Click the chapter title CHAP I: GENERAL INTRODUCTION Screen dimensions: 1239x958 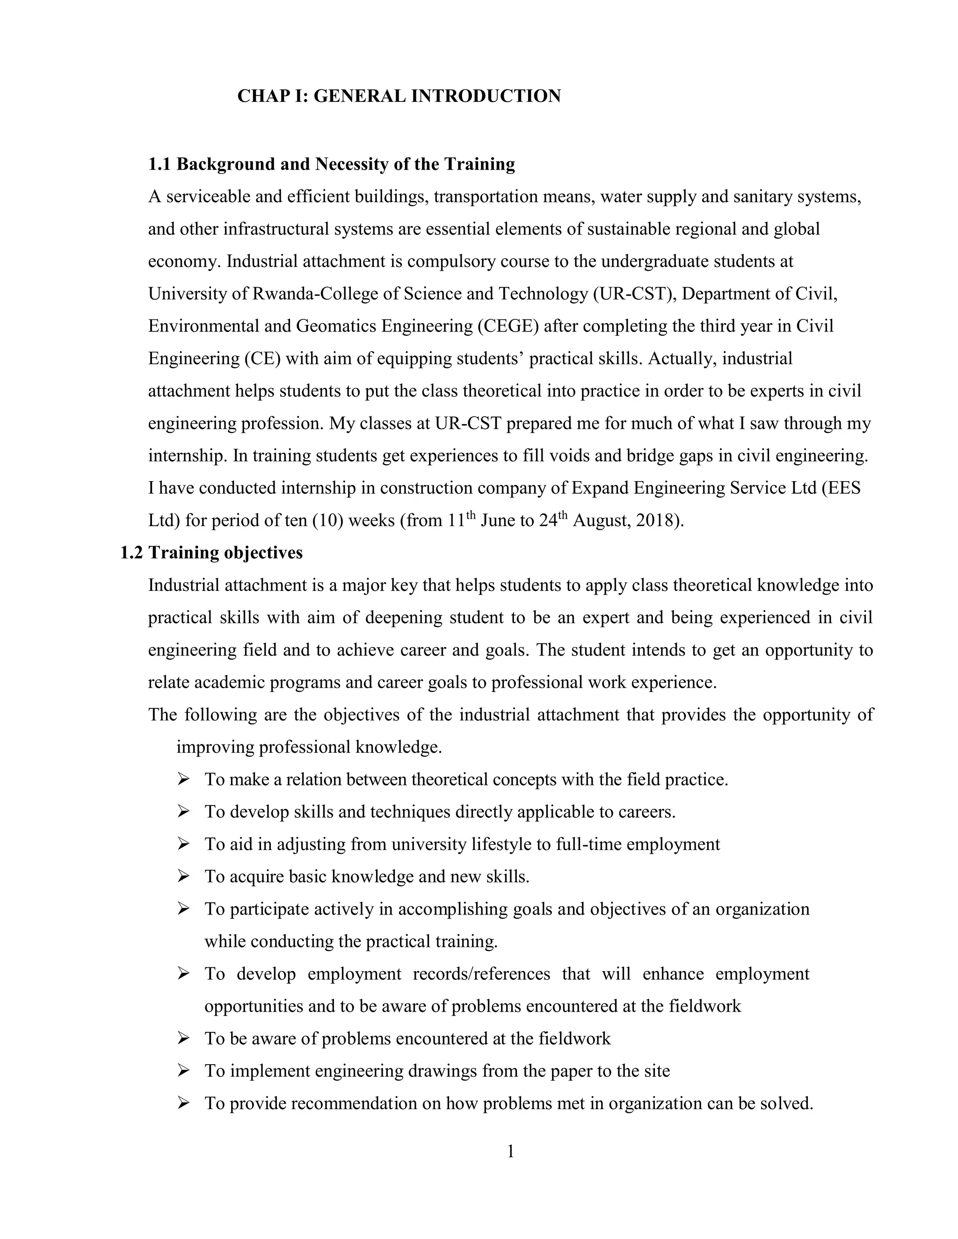399,96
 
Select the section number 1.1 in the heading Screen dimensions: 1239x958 159,164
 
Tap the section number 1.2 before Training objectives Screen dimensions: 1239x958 131,553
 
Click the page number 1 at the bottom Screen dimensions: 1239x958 510,1151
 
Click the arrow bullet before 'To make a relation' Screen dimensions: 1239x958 183,779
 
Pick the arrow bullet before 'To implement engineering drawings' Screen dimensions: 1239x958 183,1071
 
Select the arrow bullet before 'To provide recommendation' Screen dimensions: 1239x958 183,1103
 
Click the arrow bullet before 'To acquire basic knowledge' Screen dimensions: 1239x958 183,877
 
